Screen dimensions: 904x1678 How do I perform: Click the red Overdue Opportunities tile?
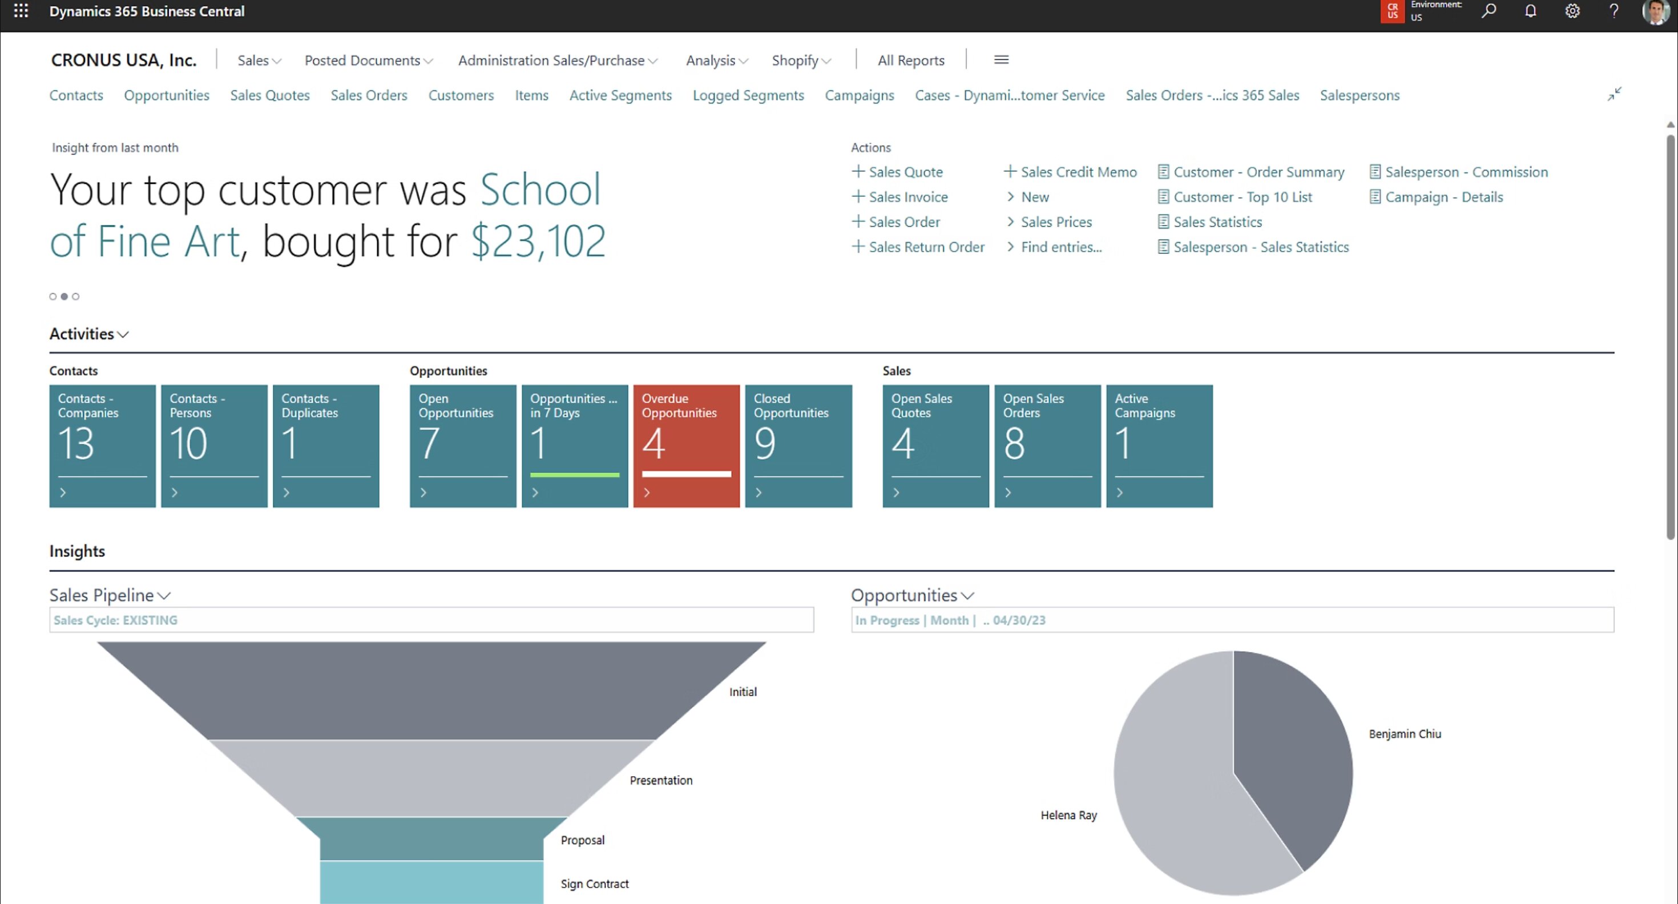point(686,446)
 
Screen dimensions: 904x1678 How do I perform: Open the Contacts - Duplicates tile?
point(326,446)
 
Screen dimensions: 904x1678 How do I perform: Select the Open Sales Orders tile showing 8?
point(1047,446)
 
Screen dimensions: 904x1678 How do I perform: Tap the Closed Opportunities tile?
point(798,446)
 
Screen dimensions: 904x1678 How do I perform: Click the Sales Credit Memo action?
point(1078,172)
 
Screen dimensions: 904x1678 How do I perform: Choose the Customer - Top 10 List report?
point(1242,197)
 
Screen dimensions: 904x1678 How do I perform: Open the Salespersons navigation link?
point(1360,95)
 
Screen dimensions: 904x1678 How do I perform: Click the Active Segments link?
point(620,95)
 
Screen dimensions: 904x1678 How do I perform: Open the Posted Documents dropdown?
point(368,60)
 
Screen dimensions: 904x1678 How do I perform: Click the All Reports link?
point(911,60)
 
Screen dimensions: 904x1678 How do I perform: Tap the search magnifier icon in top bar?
point(1489,11)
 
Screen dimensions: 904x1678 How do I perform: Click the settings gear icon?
point(1572,11)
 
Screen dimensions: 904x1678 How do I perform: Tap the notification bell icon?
point(1530,11)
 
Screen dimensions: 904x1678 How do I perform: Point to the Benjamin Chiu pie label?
point(1405,734)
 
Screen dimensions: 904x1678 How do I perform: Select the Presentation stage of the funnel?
point(431,778)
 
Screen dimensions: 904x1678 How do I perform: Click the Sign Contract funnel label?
point(594,884)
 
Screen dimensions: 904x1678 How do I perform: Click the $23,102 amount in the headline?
point(538,241)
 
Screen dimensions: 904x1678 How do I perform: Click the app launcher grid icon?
point(21,11)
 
